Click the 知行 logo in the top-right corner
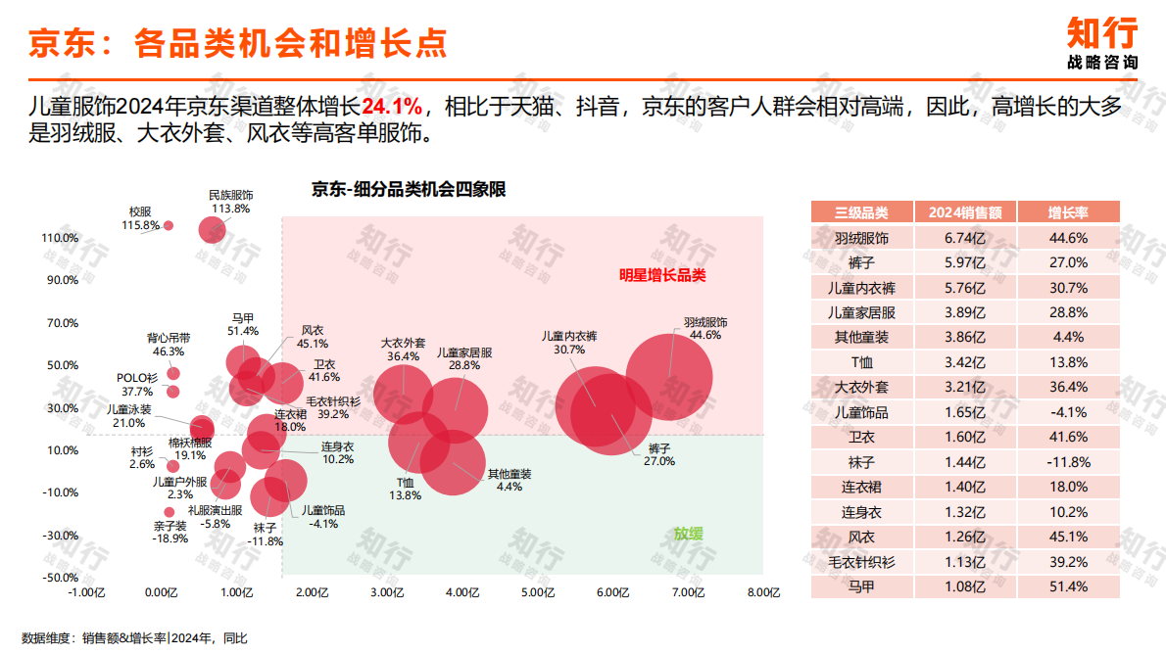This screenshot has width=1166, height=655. coord(1102,42)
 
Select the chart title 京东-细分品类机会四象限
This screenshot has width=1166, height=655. coord(409,190)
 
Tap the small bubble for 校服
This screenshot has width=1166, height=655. coord(168,225)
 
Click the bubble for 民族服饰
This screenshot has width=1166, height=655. coord(213,230)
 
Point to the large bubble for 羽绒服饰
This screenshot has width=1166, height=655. coord(668,377)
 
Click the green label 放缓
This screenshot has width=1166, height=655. coord(688,534)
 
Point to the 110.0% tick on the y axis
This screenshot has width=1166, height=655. coord(60,238)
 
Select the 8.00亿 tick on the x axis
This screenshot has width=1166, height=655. coord(763,592)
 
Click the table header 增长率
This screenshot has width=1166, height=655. coord(1067,212)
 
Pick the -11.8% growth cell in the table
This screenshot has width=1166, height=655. coord(1067,462)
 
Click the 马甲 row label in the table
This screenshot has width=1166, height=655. coord(861,586)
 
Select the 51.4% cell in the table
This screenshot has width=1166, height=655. coord(1067,586)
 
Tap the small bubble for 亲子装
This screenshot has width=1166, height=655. coord(169,511)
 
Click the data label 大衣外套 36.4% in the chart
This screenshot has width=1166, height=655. coord(403,351)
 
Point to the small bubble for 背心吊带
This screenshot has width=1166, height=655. coord(173,373)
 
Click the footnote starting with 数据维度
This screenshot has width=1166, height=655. coord(134,638)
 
